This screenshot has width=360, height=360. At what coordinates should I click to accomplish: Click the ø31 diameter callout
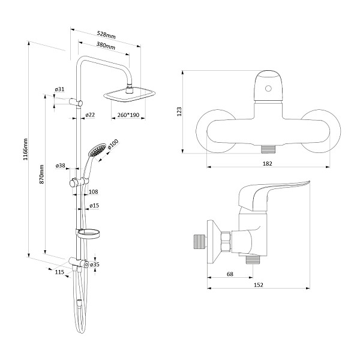pos(59,90)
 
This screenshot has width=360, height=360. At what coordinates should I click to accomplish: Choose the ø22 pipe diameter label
pos(91,115)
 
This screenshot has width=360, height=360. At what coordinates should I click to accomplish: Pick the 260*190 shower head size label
pos(128,115)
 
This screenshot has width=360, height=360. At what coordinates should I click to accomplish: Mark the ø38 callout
pos(60,166)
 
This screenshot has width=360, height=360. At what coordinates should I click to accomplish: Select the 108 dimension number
pos(93,192)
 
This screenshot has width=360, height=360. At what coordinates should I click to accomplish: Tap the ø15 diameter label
pos(94,206)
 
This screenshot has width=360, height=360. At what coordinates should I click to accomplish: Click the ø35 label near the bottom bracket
pos(95,264)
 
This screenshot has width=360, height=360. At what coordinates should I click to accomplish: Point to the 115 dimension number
pos(59,272)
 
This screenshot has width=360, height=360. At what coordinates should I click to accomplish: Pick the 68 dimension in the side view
pos(230,275)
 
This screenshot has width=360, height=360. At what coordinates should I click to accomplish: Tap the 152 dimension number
pos(259,286)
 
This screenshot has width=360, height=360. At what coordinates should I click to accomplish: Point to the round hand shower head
pos(95,149)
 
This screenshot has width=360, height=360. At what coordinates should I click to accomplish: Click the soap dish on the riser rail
pos(87,233)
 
